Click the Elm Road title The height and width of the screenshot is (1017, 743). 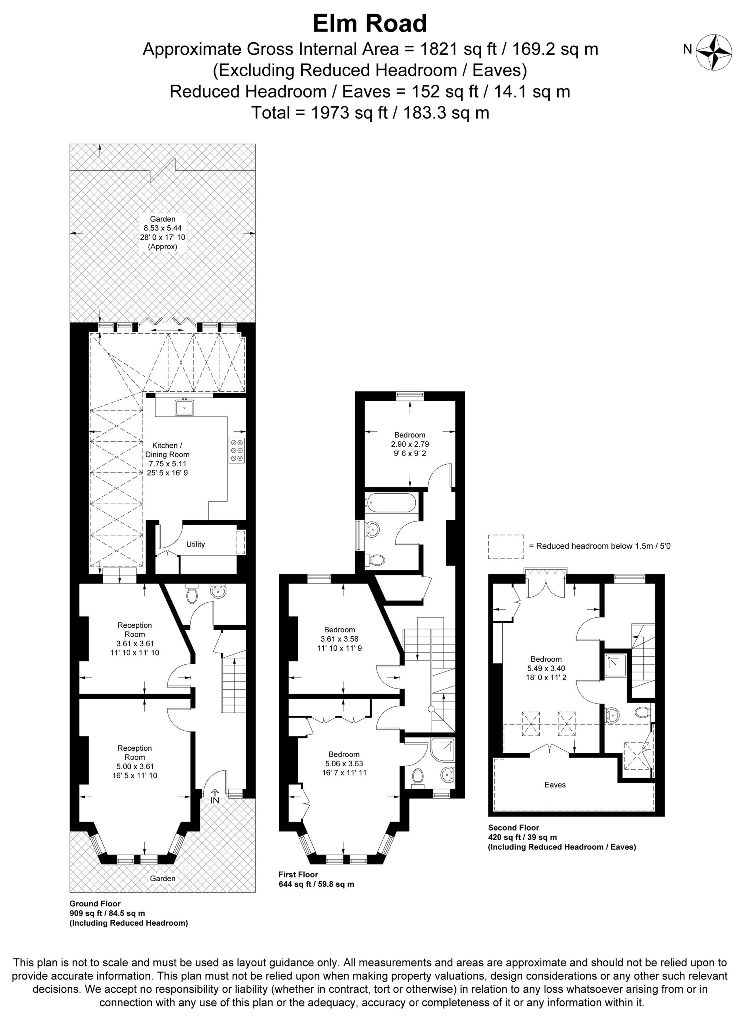(370, 24)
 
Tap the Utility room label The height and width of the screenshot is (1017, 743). (196, 544)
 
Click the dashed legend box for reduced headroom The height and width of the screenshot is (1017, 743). (506, 546)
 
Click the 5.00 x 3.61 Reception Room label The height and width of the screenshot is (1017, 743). (135, 762)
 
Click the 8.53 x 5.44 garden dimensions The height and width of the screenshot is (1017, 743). (163, 228)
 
